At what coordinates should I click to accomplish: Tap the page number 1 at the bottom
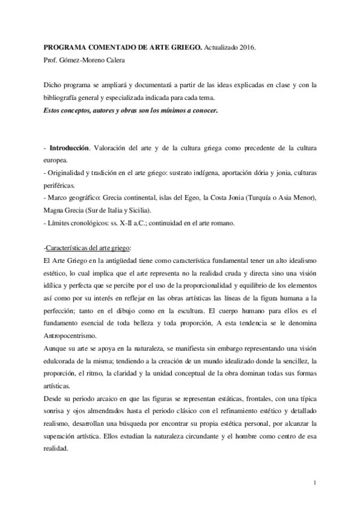(315, 482)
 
